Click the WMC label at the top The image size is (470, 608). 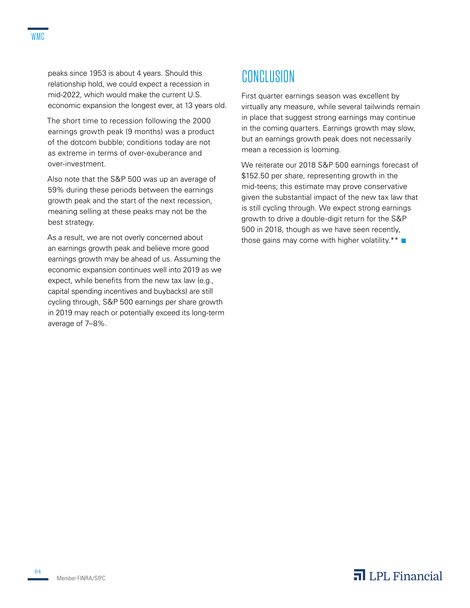pyautogui.click(x=38, y=37)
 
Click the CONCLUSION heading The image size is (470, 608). pyautogui.click(x=268, y=77)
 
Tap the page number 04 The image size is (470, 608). pyautogui.click(x=38, y=572)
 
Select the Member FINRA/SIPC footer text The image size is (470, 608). pyautogui.click(x=81, y=578)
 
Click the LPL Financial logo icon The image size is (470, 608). pyautogui.click(x=359, y=575)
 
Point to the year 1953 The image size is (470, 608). pyautogui.click(x=97, y=73)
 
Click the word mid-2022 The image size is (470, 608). pyautogui.click(x=64, y=95)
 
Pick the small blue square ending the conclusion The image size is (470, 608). pyautogui.click(x=403, y=241)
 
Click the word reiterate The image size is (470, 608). pyautogui.click(x=270, y=165)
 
